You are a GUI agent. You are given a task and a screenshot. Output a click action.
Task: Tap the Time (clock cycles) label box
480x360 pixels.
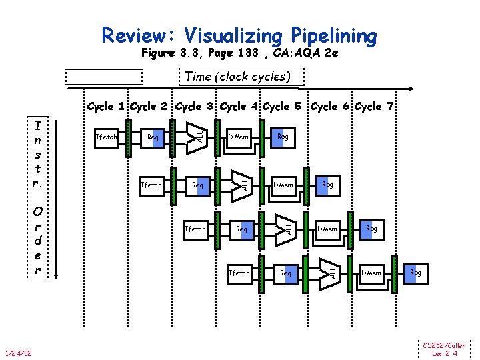[237, 76]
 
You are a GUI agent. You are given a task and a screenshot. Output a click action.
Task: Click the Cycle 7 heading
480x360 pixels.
[378, 107]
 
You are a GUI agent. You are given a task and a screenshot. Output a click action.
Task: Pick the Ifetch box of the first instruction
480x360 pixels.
[107, 137]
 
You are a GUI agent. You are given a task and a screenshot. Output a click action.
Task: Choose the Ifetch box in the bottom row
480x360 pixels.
[239, 273]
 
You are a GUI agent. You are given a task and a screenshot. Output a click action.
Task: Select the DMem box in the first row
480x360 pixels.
[239, 137]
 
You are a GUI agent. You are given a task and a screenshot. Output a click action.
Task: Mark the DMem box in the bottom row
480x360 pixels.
[371, 273]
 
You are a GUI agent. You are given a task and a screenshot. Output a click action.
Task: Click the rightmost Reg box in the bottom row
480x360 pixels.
[415, 273]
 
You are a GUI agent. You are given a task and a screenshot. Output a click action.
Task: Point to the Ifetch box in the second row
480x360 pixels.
[151, 184]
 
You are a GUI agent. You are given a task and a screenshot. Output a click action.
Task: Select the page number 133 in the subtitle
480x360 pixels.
[241, 53]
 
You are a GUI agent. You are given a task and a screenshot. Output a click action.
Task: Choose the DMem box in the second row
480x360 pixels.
[283, 184]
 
